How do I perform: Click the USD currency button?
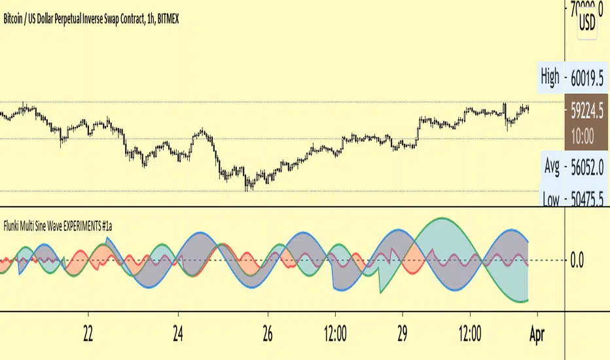tap(587, 24)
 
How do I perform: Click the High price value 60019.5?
tap(586, 78)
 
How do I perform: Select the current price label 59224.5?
tap(585, 113)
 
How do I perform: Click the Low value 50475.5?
tap(586, 198)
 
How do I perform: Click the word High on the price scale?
tap(550, 78)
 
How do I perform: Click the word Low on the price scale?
tap(550, 198)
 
